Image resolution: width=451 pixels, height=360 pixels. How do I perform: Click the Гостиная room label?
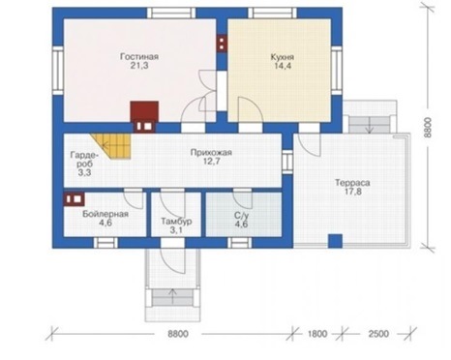[x=139, y=56]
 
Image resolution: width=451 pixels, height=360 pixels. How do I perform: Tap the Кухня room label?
[x=283, y=57]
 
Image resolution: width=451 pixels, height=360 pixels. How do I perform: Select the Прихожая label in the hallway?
[x=211, y=152]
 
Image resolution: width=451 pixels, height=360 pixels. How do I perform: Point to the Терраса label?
[x=352, y=183]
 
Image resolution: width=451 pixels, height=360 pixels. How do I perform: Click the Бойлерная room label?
[x=105, y=214]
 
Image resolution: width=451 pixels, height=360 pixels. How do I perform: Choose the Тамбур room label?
[x=176, y=222]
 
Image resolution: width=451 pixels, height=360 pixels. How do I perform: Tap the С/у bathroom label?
[x=241, y=216]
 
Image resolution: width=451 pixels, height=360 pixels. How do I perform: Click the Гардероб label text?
[x=82, y=160]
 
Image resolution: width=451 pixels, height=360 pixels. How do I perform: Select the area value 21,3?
[x=139, y=66]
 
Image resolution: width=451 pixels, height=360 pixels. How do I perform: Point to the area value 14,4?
[x=283, y=66]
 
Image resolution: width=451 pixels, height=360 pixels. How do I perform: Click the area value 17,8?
[x=352, y=192]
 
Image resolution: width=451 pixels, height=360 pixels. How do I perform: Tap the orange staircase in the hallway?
[x=113, y=146]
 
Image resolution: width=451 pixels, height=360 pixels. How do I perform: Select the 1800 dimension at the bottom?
[x=317, y=334]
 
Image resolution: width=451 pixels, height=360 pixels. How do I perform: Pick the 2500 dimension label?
[x=378, y=334]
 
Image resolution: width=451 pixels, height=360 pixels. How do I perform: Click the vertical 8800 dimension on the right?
[x=428, y=128]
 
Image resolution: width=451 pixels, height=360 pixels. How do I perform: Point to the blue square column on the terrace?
[x=335, y=241]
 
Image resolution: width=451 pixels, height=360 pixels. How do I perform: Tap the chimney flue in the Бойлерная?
[x=75, y=199]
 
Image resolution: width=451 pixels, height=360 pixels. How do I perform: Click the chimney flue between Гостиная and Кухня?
[x=222, y=43]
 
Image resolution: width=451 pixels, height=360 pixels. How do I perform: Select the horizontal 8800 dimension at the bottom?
[x=178, y=334]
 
